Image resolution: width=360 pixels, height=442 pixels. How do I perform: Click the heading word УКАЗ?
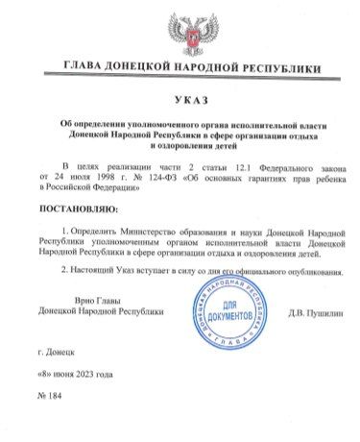(x=180, y=102)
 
